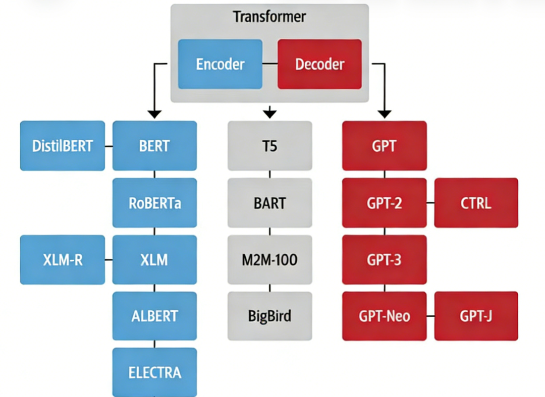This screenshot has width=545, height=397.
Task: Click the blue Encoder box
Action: (220, 64)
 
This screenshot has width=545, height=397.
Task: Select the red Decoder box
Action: (319, 64)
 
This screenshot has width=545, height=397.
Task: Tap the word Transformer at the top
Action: (269, 17)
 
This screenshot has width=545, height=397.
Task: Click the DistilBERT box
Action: (63, 146)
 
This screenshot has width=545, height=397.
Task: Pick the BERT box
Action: (154, 146)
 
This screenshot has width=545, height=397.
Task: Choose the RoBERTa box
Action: (154, 203)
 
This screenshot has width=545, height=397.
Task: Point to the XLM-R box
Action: (63, 260)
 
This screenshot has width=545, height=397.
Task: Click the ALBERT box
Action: (154, 316)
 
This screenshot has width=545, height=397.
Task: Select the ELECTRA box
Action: (154, 372)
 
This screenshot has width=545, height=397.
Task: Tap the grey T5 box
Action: (270, 146)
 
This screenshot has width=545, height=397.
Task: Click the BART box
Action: (270, 203)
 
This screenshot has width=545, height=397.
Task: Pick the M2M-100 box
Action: (270, 260)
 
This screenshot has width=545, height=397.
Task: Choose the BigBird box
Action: (270, 316)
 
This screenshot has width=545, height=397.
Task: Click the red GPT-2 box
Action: (385, 203)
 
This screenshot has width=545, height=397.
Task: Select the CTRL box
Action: (476, 203)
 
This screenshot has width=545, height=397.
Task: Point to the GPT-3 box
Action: (385, 260)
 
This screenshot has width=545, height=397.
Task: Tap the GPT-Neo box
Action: (385, 316)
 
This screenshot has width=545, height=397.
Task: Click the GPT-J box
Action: (476, 316)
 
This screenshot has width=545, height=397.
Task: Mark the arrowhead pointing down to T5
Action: (270, 112)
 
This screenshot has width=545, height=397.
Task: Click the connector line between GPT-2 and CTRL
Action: (430, 203)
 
